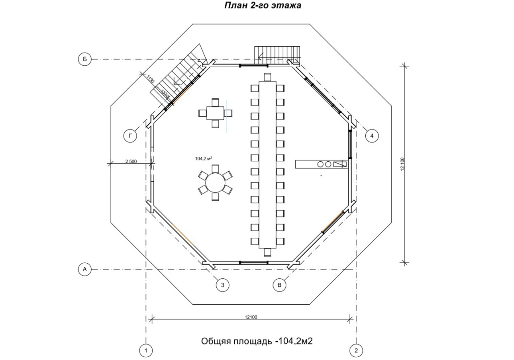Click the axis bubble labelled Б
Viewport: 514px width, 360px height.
(85, 59)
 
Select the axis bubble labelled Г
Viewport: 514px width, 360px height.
(130, 136)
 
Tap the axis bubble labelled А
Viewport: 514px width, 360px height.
(85, 269)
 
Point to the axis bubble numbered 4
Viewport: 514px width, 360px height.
(372, 136)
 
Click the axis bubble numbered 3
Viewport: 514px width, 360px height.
(223, 285)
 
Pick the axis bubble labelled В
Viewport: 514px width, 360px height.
(279, 285)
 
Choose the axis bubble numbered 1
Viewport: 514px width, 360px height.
(146, 350)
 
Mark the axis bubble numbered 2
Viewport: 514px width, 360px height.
(356, 350)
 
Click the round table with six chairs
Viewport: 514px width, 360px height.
(215, 183)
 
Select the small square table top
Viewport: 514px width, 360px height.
(215, 113)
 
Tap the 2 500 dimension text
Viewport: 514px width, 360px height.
(131, 161)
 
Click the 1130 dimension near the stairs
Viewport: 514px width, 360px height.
(150, 79)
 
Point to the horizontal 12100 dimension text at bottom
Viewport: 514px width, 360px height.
(251, 317)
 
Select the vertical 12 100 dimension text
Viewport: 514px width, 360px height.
(403, 164)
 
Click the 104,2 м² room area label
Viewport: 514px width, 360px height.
(204, 158)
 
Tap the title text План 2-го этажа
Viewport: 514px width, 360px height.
(263, 5)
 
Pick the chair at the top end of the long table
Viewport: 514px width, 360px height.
(267, 77)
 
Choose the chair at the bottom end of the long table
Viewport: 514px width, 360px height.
(267, 252)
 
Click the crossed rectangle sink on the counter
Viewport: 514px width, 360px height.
(339, 164)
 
